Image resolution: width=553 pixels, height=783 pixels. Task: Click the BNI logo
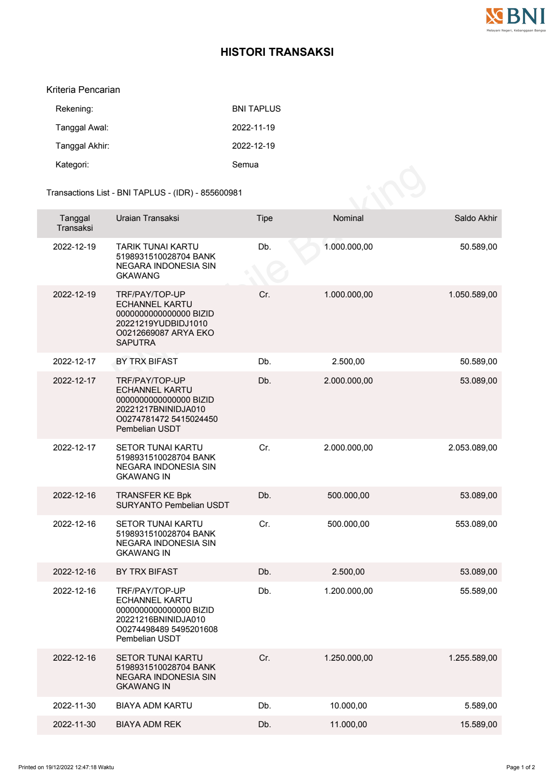(x=516, y=19)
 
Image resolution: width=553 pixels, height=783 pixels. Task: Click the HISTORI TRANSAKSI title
(x=277, y=52)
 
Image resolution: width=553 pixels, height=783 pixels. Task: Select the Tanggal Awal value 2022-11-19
(x=253, y=128)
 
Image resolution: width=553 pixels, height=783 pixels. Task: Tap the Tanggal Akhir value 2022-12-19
(x=253, y=146)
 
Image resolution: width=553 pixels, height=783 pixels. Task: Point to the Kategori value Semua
(x=245, y=165)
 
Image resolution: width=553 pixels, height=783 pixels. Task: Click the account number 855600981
(x=221, y=193)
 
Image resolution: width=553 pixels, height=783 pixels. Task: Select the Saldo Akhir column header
(x=475, y=218)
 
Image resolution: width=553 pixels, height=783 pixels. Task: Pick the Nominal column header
(x=348, y=218)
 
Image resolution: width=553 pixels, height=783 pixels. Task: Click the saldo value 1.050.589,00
(x=473, y=295)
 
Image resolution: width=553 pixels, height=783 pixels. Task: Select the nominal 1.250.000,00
(x=348, y=658)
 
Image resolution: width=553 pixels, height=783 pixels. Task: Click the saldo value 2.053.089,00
(x=473, y=448)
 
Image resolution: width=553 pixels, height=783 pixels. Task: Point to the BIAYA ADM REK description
(x=149, y=725)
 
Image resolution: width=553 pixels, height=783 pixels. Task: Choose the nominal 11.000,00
(x=348, y=725)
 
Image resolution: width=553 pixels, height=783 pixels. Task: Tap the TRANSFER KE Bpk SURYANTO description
(x=172, y=500)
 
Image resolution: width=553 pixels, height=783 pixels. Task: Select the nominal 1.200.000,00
(x=348, y=591)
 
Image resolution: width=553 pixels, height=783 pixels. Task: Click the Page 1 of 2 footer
(x=520, y=767)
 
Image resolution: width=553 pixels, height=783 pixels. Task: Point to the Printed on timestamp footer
(x=66, y=767)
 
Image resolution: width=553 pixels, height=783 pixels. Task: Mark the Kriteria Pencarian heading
(x=83, y=90)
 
